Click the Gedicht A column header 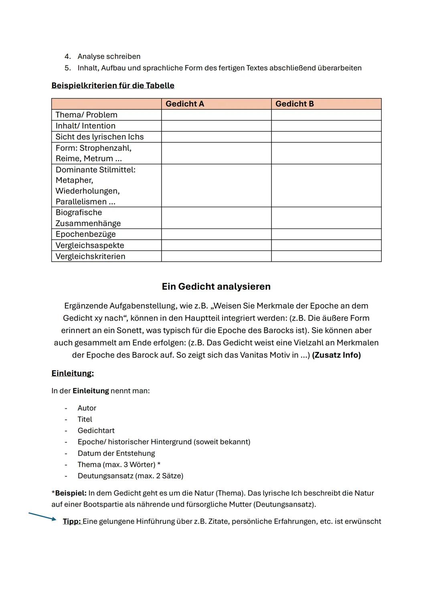click(x=185, y=104)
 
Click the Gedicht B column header click(x=295, y=104)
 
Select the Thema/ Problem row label click(x=87, y=115)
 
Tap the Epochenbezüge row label click(x=85, y=234)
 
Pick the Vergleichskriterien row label click(x=90, y=256)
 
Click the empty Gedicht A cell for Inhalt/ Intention click(x=216, y=126)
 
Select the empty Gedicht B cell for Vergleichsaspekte click(x=326, y=245)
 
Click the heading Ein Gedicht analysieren click(x=216, y=287)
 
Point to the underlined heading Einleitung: click(x=73, y=374)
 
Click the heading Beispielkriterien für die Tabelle click(x=113, y=85)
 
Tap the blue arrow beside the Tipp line click(x=42, y=516)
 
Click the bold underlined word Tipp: click(x=72, y=521)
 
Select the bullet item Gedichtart click(x=96, y=430)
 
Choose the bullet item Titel click(x=85, y=419)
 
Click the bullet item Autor click(x=87, y=408)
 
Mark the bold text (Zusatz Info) click(x=336, y=355)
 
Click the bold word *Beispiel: click(x=69, y=493)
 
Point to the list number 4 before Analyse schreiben click(x=67, y=57)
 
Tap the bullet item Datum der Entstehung click(x=116, y=453)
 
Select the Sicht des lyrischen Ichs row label click(x=99, y=137)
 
